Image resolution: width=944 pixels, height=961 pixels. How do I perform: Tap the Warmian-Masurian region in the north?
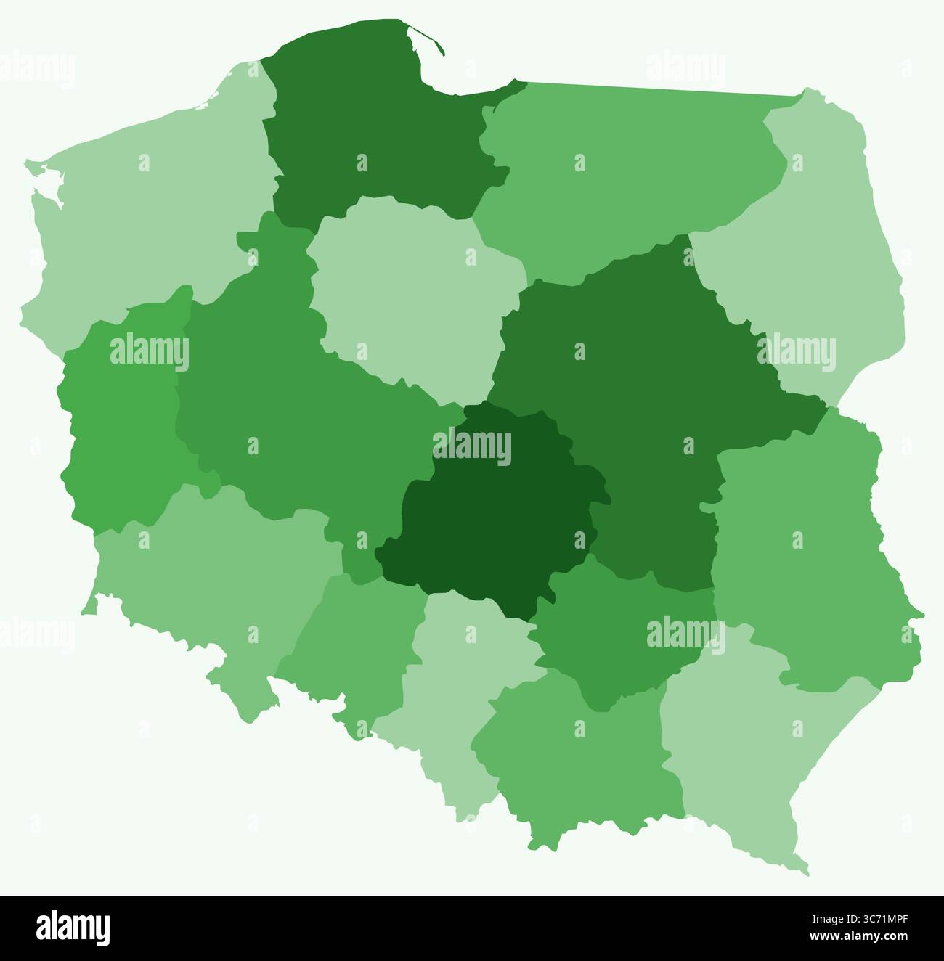[x=624, y=174]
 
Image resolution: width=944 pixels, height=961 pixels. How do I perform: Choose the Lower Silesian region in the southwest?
[x=211, y=581]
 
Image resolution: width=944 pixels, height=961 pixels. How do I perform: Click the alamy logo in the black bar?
[x=73, y=928]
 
